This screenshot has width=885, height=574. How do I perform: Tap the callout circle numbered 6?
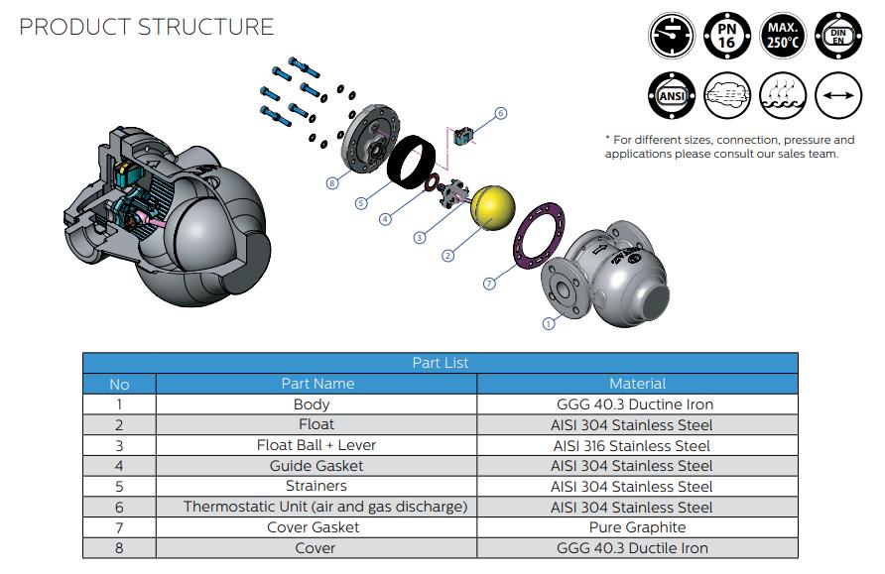[501, 114]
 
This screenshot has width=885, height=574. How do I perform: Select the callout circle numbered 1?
[549, 323]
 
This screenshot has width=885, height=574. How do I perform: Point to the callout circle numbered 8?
[332, 182]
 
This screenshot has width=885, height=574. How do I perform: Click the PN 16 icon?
[726, 38]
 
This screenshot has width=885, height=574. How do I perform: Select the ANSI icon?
[672, 96]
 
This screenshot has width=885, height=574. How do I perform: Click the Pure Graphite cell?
[637, 527]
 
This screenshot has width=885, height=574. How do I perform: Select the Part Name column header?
[317, 383]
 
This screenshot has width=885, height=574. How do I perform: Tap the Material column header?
[637, 383]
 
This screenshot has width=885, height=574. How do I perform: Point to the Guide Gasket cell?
[316, 465]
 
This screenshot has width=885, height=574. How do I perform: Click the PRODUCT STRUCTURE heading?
[146, 27]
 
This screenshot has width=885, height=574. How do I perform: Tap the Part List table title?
[440, 363]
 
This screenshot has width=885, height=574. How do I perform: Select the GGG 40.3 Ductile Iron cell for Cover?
[635, 548]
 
